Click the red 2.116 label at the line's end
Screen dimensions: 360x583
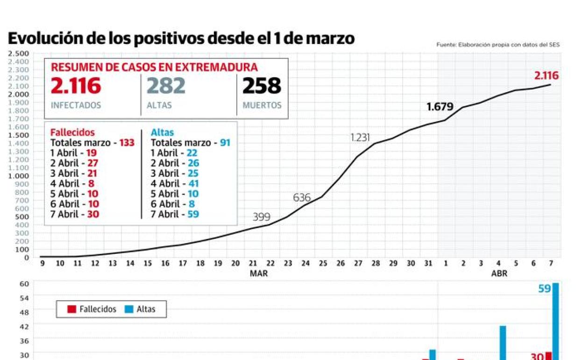click(x=546, y=76)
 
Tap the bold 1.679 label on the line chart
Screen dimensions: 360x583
click(x=440, y=107)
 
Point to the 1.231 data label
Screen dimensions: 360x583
click(x=360, y=137)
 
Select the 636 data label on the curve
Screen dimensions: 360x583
click(x=302, y=198)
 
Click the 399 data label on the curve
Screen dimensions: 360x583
click(x=261, y=217)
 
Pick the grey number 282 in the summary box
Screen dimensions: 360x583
click(x=166, y=86)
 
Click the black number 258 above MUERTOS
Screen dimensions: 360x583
click(x=262, y=86)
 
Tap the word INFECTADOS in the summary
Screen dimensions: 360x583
click(x=76, y=105)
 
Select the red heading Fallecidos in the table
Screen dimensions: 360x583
click(x=72, y=132)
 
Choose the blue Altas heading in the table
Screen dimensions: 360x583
click(x=162, y=132)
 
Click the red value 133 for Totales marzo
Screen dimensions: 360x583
click(x=127, y=143)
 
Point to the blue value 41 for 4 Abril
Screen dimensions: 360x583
click(x=193, y=184)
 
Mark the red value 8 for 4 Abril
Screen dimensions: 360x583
click(x=91, y=184)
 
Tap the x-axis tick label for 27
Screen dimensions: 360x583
click(x=358, y=264)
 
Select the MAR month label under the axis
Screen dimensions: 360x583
click(x=259, y=274)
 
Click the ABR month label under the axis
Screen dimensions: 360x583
click(x=499, y=274)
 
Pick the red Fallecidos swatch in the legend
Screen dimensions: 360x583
click(x=72, y=309)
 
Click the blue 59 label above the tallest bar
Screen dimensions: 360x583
click(x=545, y=289)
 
